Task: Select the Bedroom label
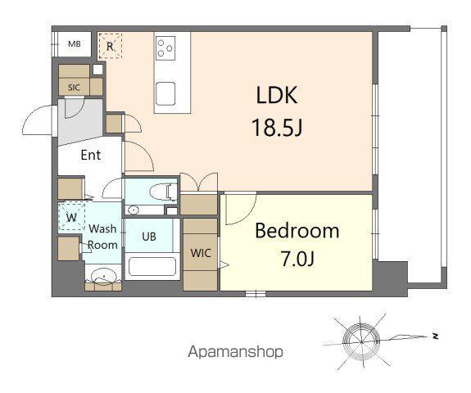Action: click(297, 231)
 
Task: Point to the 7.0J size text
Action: click(297, 261)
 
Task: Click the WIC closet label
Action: click(201, 253)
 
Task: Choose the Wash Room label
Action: click(103, 237)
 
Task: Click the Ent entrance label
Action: click(90, 155)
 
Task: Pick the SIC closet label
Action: click(74, 87)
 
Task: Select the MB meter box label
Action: click(74, 44)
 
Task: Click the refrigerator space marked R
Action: click(110, 47)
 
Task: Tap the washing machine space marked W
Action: click(72, 218)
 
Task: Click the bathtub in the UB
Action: click(152, 268)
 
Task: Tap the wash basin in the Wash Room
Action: click(104, 278)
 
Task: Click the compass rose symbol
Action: click(361, 337)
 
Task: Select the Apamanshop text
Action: click(235, 352)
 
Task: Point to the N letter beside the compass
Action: click(437, 336)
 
